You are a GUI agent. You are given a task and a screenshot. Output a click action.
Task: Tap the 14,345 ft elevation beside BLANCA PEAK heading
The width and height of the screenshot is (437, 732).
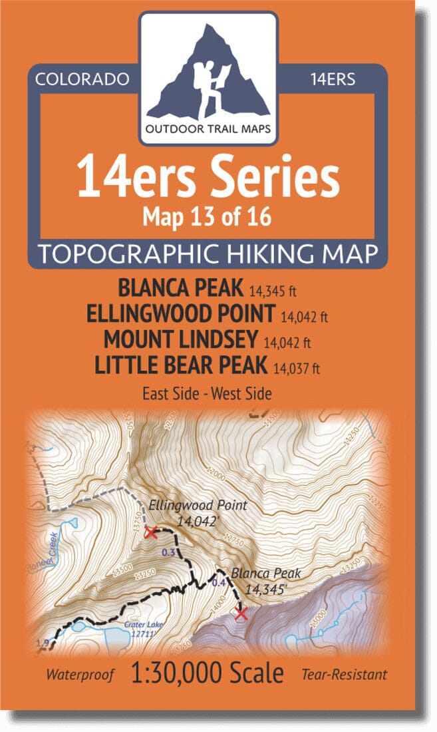click(x=273, y=291)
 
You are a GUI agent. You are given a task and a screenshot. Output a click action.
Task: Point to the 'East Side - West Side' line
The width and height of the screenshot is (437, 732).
click(x=207, y=393)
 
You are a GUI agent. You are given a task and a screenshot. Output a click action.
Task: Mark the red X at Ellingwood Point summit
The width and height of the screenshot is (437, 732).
click(x=150, y=532)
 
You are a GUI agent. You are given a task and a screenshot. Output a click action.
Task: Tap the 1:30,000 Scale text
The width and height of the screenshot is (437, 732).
click(x=208, y=673)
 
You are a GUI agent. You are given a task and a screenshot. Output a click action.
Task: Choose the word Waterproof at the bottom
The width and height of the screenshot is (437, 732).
click(x=79, y=675)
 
